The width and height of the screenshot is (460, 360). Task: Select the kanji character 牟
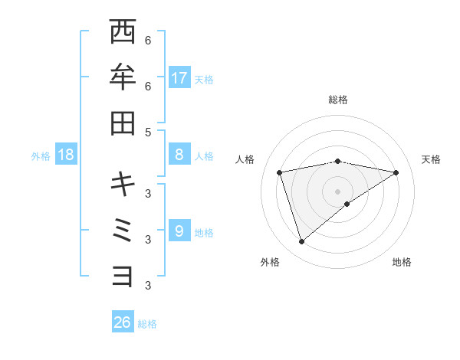click(x=123, y=77)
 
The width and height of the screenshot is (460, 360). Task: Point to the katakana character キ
click(x=123, y=184)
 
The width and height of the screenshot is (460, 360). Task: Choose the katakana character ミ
click(x=123, y=230)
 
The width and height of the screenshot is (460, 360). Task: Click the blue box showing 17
click(x=179, y=77)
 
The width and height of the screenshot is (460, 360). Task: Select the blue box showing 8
click(x=179, y=155)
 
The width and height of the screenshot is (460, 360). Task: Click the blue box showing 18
click(x=66, y=155)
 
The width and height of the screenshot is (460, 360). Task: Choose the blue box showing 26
click(x=123, y=322)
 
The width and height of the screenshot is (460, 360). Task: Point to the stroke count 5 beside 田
click(x=148, y=132)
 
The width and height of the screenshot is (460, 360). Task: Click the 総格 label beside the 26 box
click(x=147, y=324)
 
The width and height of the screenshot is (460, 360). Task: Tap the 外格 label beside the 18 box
click(x=41, y=156)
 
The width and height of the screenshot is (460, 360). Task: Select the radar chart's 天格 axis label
click(x=431, y=159)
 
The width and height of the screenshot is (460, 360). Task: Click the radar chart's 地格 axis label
click(x=402, y=262)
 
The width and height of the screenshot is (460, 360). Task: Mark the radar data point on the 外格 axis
click(x=301, y=242)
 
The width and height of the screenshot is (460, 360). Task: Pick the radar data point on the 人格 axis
click(x=280, y=172)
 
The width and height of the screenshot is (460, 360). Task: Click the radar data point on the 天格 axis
click(x=396, y=172)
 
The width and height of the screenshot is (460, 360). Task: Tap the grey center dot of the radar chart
click(x=338, y=191)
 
